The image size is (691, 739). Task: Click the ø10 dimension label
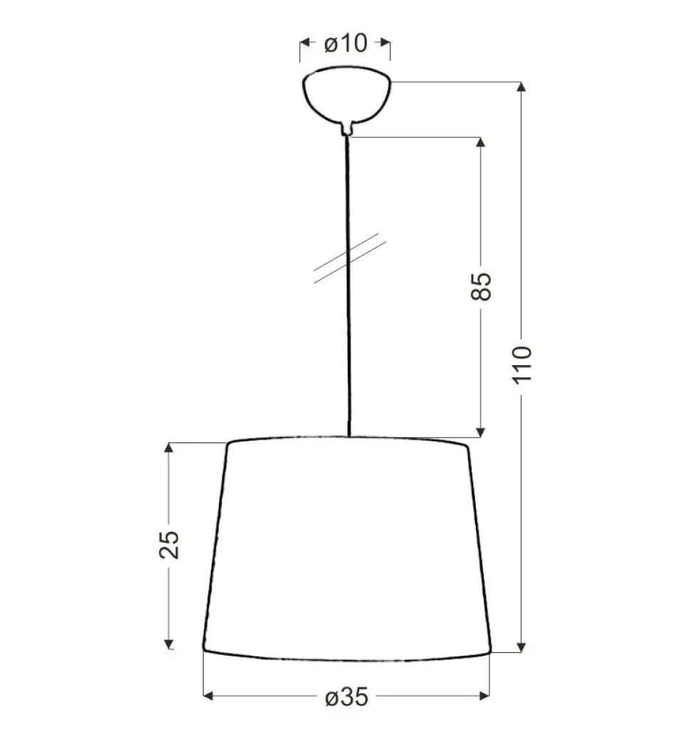pos(345,43)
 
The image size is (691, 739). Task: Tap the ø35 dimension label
pos(347,697)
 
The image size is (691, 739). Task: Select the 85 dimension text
pos(481,286)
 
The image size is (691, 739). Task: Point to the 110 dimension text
pos(523,365)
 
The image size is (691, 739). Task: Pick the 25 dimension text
pos(169,545)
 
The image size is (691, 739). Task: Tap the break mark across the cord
pos(350,258)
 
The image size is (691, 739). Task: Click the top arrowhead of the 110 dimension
pos(521,87)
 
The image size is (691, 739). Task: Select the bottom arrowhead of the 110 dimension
pos(521,647)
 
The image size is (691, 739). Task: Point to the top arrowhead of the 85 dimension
pos(481,142)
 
